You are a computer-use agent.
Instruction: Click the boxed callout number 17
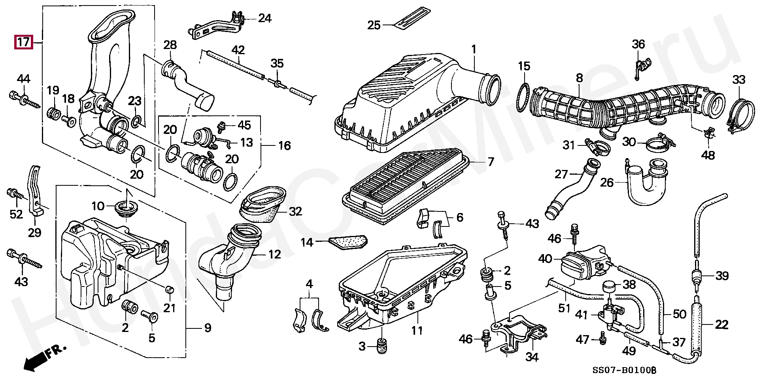pyautogui.click(x=23, y=41)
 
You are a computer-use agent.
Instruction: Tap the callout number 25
pyautogui.click(x=374, y=25)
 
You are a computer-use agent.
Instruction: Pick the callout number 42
pyautogui.click(x=238, y=50)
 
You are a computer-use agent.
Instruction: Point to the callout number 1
pyautogui.click(x=474, y=49)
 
